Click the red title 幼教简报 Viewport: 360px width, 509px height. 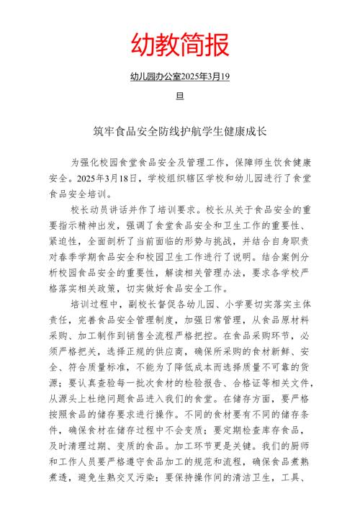(180, 45)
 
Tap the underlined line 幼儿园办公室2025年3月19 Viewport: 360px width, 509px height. (180, 77)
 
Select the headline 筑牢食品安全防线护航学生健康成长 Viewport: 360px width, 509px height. (180, 132)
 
